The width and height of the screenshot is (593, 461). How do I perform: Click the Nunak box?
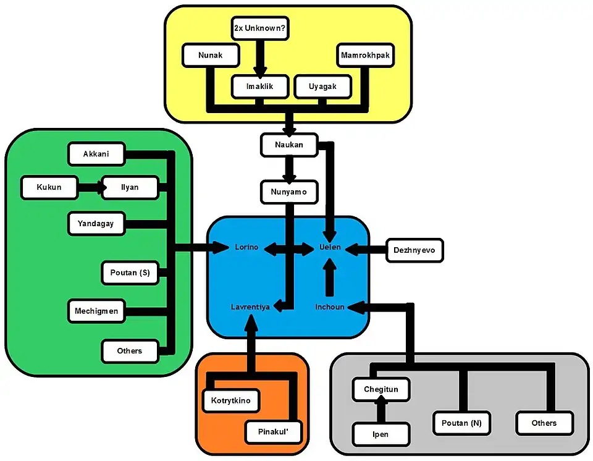[211, 56]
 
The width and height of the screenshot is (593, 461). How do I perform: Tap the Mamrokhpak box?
[366, 56]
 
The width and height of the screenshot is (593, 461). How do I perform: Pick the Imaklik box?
[259, 87]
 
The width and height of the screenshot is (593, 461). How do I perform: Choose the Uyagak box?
[322, 87]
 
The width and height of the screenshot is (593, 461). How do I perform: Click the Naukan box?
[288, 145]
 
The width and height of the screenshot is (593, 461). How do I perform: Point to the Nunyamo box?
[288, 192]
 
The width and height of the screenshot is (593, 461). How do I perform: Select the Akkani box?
[96, 154]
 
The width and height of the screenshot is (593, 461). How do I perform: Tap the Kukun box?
[49, 187]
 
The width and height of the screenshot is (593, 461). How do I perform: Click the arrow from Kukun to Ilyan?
[90, 187]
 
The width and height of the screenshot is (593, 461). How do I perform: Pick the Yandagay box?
[96, 224]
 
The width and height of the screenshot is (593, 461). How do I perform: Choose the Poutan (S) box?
[130, 273]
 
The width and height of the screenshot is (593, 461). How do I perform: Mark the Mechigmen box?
[96, 311]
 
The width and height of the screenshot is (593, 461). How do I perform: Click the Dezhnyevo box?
[414, 250]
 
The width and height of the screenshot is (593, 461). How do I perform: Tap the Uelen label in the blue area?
[330, 247]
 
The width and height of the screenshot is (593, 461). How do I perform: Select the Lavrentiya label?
[250, 307]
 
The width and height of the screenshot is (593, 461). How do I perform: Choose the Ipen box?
[381, 434]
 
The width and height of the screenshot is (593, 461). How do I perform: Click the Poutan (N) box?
[461, 423]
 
